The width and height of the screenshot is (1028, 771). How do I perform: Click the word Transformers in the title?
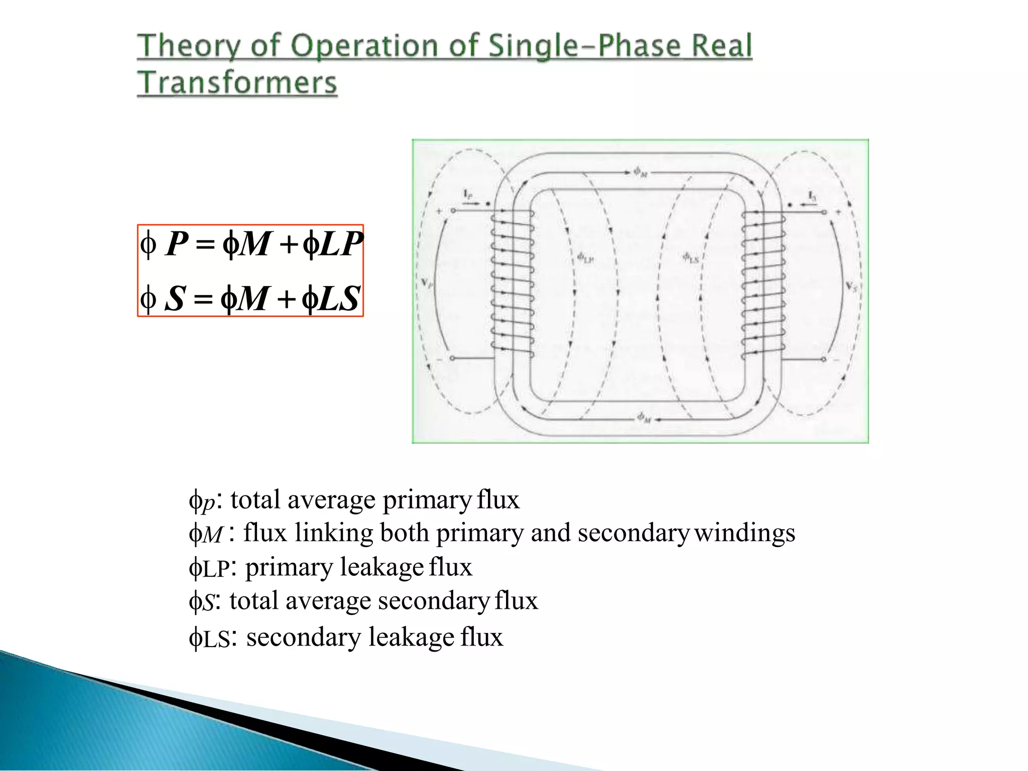(237, 83)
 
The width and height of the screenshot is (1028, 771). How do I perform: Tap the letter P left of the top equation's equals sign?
(177, 244)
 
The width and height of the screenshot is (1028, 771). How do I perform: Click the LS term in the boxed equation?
(340, 299)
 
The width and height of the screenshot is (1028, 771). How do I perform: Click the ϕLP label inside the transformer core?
(585, 259)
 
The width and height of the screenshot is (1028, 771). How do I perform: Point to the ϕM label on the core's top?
(640, 172)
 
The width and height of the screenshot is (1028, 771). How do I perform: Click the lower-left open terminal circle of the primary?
(452, 358)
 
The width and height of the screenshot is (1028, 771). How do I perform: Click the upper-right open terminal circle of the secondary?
(824, 212)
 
